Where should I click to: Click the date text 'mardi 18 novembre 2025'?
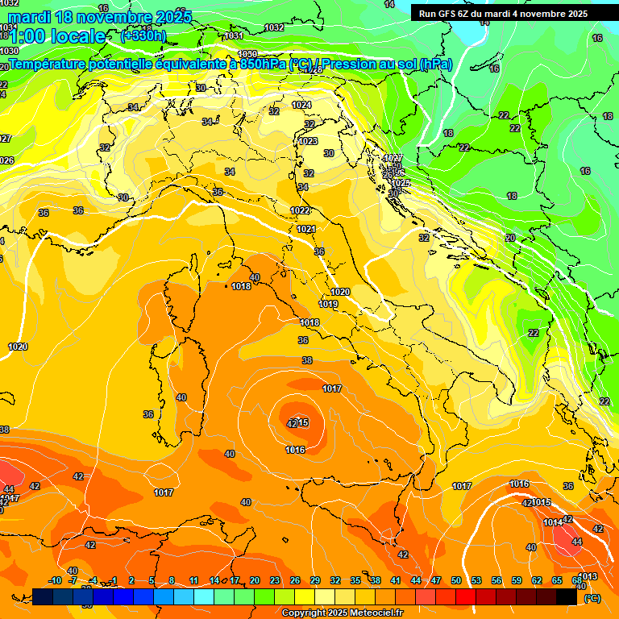[100, 17]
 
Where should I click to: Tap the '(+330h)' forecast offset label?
[143, 35]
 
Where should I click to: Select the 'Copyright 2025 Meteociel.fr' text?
[342, 613]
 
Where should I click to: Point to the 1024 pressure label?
[301, 106]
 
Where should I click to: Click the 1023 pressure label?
[308, 141]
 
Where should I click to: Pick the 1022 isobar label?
[300, 210]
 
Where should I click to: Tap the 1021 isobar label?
[305, 230]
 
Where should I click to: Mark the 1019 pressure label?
[328, 304]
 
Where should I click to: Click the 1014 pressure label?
[552, 522]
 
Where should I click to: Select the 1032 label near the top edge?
[274, 27]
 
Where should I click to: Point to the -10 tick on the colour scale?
[55, 580]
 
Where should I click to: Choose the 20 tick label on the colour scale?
[255, 580]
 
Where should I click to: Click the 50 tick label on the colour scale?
[456, 580]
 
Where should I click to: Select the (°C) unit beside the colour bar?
[592, 598]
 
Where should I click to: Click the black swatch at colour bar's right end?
[567, 596]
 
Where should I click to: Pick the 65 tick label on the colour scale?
[557, 580]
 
